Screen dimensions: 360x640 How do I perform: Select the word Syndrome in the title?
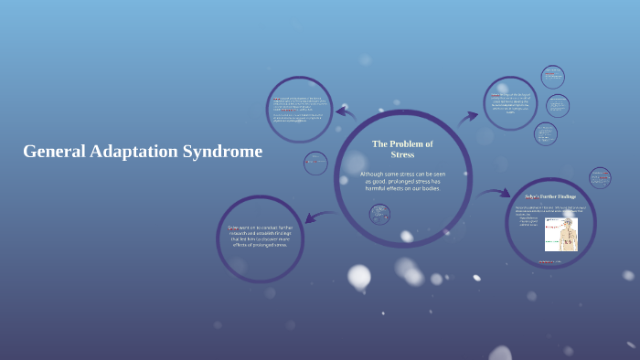tap(223, 152)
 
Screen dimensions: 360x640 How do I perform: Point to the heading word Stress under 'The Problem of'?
tap(402, 154)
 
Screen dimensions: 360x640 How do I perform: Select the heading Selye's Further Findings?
tap(549, 196)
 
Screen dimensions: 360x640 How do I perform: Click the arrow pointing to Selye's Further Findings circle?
tap(494, 194)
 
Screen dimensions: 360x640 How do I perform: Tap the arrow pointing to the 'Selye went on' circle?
tap(317, 217)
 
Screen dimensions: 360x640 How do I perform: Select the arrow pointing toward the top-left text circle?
tap(345, 113)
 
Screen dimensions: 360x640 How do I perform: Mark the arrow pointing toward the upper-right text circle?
tap(467, 117)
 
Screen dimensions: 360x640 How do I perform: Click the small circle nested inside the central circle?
tap(380, 214)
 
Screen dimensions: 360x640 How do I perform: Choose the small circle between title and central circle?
tap(315, 164)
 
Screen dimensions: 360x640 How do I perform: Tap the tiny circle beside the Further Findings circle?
tap(600, 177)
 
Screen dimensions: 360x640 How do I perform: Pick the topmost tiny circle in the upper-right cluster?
tap(552, 77)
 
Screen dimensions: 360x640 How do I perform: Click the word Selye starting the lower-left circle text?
tap(234, 228)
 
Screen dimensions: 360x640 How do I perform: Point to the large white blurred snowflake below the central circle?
tap(359, 276)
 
